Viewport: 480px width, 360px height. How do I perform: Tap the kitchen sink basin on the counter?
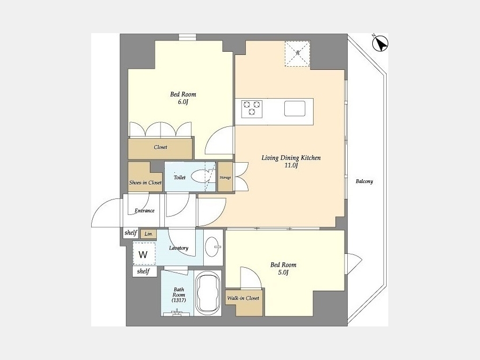click(294, 108)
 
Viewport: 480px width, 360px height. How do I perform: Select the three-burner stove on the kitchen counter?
click(252, 109)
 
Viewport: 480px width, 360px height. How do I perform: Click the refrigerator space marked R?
click(298, 53)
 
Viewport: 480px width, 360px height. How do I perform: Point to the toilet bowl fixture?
click(200, 176)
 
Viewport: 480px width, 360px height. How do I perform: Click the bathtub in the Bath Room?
click(208, 293)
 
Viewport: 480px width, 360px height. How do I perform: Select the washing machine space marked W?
click(144, 254)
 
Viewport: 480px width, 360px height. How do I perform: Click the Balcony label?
click(364, 181)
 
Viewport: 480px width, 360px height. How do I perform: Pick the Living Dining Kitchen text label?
click(291, 158)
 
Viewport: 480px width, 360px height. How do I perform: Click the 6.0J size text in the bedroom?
click(183, 102)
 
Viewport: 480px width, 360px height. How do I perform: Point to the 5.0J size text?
click(283, 273)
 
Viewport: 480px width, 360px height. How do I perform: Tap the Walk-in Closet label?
click(243, 298)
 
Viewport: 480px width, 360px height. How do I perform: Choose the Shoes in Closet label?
click(145, 182)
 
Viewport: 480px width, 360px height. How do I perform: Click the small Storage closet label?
click(225, 178)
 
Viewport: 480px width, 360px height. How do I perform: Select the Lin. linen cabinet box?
click(148, 234)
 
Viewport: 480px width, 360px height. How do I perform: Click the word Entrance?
click(145, 211)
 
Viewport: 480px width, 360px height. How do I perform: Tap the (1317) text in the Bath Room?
click(179, 300)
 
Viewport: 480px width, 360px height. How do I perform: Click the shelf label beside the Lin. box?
click(131, 233)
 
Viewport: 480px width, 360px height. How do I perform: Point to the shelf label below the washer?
click(143, 271)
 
